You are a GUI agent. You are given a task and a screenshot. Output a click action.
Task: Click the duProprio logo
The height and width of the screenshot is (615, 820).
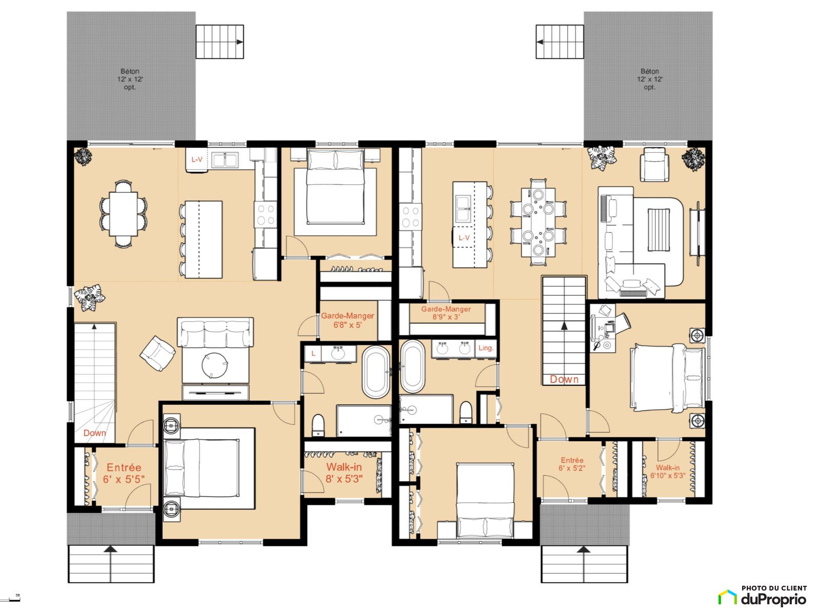pos(763,597)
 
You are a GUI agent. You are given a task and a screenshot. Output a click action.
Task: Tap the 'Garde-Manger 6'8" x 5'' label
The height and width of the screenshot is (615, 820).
pos(347,320)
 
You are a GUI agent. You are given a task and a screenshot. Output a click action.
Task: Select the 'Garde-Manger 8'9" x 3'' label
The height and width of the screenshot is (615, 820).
pos(446,313)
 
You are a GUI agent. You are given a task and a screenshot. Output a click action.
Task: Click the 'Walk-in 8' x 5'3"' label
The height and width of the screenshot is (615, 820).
pos(344,473)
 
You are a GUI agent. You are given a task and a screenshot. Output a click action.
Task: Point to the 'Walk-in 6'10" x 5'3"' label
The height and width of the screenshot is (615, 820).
pos(668,471)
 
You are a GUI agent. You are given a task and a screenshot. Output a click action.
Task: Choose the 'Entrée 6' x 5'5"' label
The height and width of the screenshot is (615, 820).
pos(124,473)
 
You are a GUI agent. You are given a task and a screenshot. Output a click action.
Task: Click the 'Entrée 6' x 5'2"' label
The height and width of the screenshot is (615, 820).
pos(572,464)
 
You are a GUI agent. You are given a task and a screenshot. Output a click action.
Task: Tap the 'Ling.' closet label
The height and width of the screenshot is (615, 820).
pos(486,348)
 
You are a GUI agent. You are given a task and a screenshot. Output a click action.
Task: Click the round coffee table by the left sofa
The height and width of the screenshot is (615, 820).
pos(214,365)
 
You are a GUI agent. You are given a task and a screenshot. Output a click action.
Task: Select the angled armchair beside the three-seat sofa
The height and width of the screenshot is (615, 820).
pos(157,353)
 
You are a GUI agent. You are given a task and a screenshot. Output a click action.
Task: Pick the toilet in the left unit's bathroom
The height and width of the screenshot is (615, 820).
pos(318,425)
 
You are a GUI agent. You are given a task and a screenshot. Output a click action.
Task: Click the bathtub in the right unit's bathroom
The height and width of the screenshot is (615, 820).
pos(412,366)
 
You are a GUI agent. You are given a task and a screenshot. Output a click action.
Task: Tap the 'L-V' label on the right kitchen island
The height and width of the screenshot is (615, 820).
pos(464,238)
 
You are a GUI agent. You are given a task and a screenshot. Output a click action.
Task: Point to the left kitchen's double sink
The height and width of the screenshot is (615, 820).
pos(225,160)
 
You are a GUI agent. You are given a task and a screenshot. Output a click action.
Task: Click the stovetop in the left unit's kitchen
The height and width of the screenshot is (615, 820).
pos(265,214)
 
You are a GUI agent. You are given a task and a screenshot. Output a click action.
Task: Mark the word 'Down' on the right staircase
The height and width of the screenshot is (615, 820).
pos(564,379)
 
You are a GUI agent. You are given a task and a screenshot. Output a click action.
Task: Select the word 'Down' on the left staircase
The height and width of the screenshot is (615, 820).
pos(94,433)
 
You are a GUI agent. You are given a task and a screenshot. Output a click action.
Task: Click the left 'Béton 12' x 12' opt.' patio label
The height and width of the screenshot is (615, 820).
pos(130,79)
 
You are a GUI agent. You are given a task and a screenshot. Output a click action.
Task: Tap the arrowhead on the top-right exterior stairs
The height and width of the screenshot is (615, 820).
pos(540,42)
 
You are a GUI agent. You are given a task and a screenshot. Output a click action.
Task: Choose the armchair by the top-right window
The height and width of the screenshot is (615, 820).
pos(654,165)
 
